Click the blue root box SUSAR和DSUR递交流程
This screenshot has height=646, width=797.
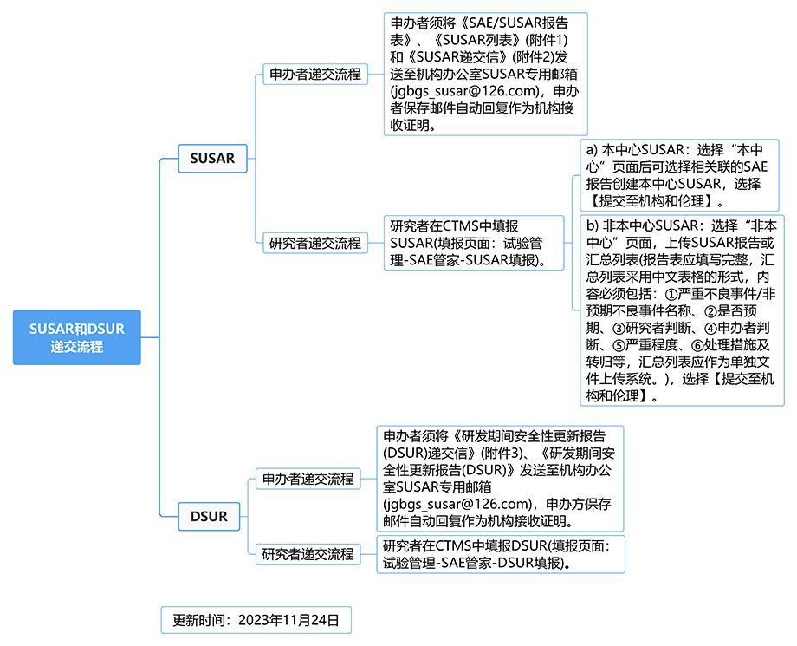click(77, 337)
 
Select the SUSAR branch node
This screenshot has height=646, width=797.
click(212, 158)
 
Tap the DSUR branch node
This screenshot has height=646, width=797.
click(209, 516)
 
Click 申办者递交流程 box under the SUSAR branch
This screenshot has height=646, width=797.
click(315, 75)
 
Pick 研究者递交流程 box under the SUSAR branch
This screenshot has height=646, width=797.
click(315, 243)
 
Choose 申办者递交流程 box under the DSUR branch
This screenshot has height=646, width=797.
click(308, 479)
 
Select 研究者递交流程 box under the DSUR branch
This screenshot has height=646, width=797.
click(308, 554)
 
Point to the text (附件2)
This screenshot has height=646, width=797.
click(533, 57)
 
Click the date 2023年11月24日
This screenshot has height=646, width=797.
click(288, 620)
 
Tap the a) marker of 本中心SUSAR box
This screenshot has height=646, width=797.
click(592, 150)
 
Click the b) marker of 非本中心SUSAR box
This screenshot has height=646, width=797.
click(593, 225)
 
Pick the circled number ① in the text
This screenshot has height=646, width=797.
click(671, 295)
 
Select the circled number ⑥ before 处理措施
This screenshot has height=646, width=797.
click(697, 346)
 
